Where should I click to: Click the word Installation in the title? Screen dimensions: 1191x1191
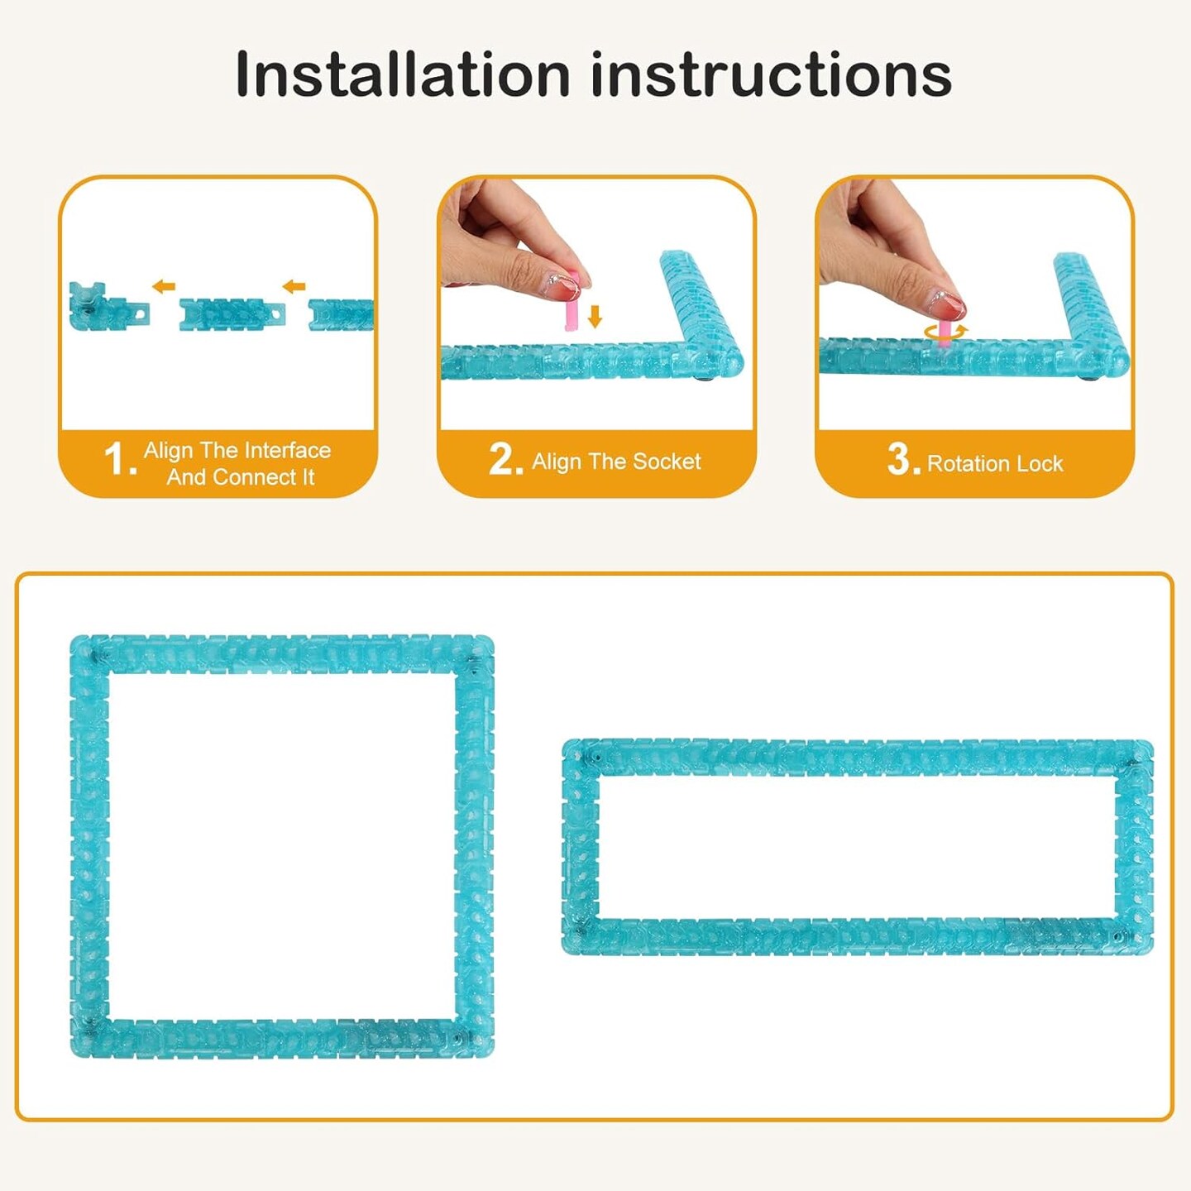402,74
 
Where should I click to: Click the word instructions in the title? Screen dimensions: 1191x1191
772,74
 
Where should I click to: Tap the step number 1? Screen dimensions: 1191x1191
121,460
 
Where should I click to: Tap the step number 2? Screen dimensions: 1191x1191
505,460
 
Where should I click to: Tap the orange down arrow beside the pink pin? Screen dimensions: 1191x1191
595,316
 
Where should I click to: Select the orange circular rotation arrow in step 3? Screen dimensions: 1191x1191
945,332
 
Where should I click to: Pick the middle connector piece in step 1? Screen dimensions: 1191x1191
232,314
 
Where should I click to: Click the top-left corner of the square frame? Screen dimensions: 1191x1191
72,637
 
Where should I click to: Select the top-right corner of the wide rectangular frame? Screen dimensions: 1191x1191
1151,742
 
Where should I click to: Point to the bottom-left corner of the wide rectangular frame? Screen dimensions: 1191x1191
564,953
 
